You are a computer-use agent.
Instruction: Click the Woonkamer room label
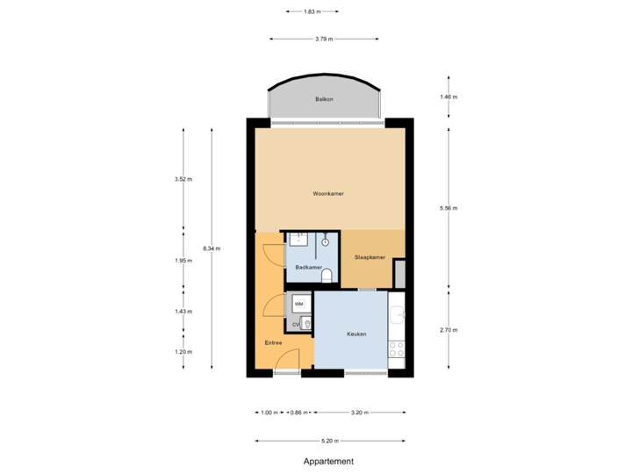click(x=327, y=193)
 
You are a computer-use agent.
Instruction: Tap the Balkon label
click(x=324, y=100)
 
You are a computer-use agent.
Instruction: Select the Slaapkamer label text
click(x=370, y=257)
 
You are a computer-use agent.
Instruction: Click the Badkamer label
click(x=307, y=267)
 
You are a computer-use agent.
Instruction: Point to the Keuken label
click(x=355, y=334)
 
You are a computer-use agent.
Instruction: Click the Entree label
click(x=272, y=343)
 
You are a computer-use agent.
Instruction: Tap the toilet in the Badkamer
click(x=327, y=276)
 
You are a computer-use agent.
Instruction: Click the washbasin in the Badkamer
click(x=298, y=241)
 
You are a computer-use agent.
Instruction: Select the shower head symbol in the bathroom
click(x=326, y=239)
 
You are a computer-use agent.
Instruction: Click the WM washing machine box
click(x=299, y=304)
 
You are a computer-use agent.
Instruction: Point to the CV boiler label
click(x=296, y=324)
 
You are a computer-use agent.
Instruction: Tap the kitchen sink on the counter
click(x=397, y=312)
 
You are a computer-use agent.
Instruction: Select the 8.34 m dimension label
click(x=211, y=248)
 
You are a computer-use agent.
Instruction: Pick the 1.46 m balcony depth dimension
click(x=449, y=97)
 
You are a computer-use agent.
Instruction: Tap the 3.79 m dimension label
click(x=323, y=39)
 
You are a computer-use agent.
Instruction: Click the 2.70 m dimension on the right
click(x=449, y=330)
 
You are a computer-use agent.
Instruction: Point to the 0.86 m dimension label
click(x=299, y=412)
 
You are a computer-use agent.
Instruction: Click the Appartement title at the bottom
click(x=327, y=461)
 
